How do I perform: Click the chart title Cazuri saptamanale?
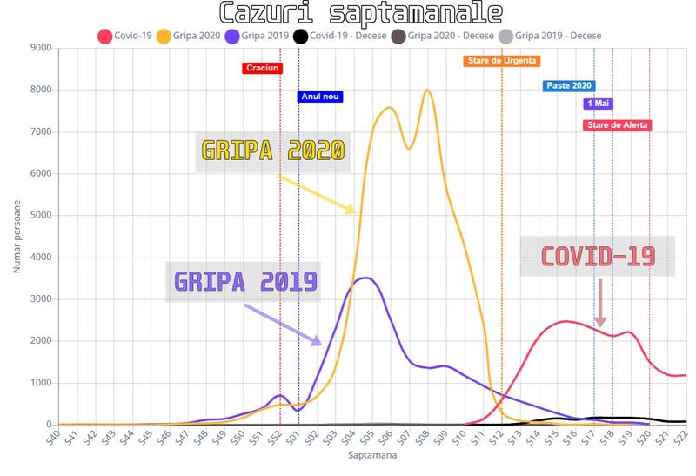348,13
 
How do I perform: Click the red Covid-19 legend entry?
127,37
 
